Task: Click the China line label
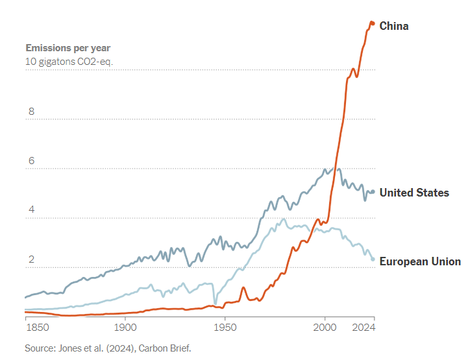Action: [x=393, y=26]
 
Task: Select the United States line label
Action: [x=413, y=193]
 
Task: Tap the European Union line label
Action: [x=419, y=261]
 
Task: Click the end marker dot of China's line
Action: [x=372, y=23]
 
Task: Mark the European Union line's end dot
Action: [x=373, y=259]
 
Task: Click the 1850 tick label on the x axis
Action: [x=37, y=328]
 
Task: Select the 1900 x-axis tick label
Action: [x=125, y=328]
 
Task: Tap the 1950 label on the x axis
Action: [x=225, y=328]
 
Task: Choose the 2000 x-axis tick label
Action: [x=325, y=328]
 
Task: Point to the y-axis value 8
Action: [x=30, y=112]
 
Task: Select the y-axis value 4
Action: [x=30, y=211]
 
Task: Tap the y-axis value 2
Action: [x=30, y=260]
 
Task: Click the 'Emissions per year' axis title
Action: [x=68, y=48]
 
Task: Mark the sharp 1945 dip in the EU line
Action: [x=216, y=302]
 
